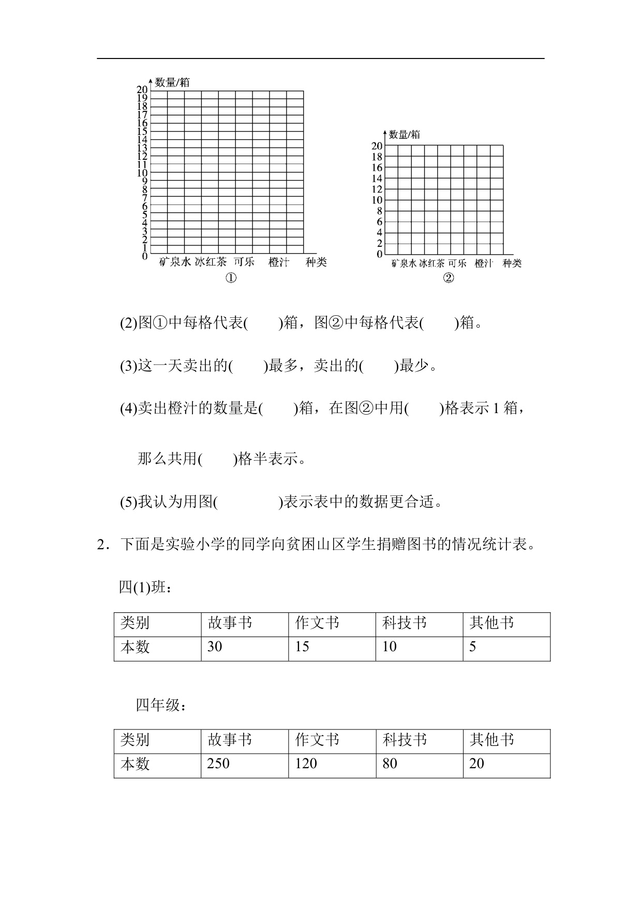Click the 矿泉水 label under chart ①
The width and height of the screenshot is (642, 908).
(x=175, y=262)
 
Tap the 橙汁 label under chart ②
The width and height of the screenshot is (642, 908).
(x=484, y=263)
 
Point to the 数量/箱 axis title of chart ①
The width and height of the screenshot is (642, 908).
(x=172, y=82)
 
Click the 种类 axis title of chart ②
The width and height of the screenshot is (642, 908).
(x=512, y=263)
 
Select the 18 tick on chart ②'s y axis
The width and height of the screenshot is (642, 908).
(x=377, y=157)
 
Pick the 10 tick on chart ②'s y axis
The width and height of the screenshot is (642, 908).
(x=377, y=200)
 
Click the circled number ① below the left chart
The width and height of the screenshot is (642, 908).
(x=231, y=279)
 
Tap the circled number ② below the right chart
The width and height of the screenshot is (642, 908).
(x=448, y=279)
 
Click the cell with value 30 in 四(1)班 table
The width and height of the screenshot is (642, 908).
(x=215, y=647)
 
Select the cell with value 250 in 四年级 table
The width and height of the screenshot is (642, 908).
(x=218, y=764)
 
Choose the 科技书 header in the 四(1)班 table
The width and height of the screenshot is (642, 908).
(x=405, y=623)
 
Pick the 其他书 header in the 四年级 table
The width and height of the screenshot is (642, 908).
(x=491, y=740)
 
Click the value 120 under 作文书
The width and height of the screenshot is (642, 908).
(x=306, y=764)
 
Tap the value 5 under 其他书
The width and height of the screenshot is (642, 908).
(x=472, y=647)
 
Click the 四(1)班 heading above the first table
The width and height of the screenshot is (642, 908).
(x=145, y=587)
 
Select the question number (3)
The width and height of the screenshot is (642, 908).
(x=128, y=367)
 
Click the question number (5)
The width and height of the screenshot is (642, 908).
(x=128, y=502)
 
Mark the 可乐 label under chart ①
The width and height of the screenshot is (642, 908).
(x=244, y=262)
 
